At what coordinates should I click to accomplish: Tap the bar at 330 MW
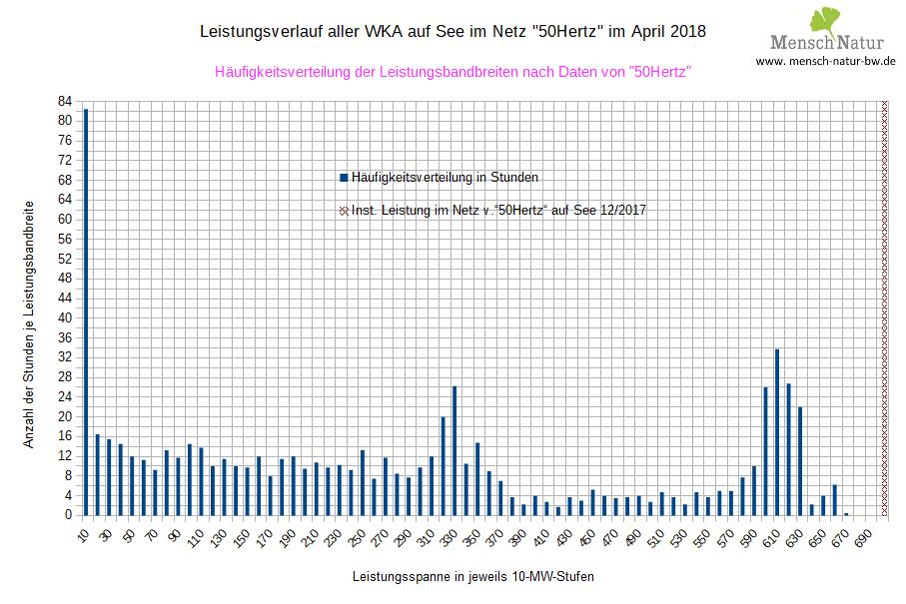click(453, 450)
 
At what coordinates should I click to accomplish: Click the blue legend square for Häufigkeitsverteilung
click(344, 178)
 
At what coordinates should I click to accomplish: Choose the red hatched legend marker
click(344, 211)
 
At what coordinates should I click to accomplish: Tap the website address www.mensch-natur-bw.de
click(825, 61)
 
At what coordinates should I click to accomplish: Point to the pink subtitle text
click(453, 72)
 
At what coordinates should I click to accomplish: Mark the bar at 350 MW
click(476, 478)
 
